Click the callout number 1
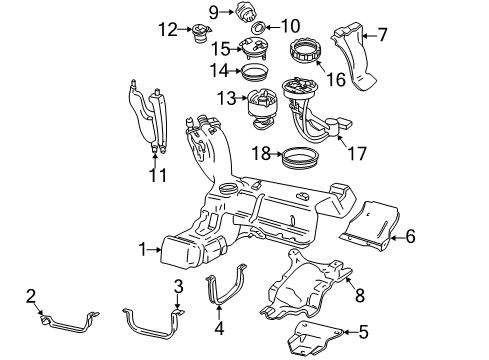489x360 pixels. [x=143, y=249]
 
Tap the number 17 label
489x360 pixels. [x=357, y=153]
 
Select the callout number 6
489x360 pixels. [x=410, y=236]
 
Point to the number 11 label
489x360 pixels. [x=157, y=175]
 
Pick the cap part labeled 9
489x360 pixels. [x=247, y=12]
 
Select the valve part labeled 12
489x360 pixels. [x=201, y=33]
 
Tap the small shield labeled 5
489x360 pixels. [x=314, y=337]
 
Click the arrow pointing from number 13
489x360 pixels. [x=241, y=98]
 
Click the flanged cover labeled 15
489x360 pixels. [x=254, y=48]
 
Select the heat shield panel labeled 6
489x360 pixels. [x=370, y=227]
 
